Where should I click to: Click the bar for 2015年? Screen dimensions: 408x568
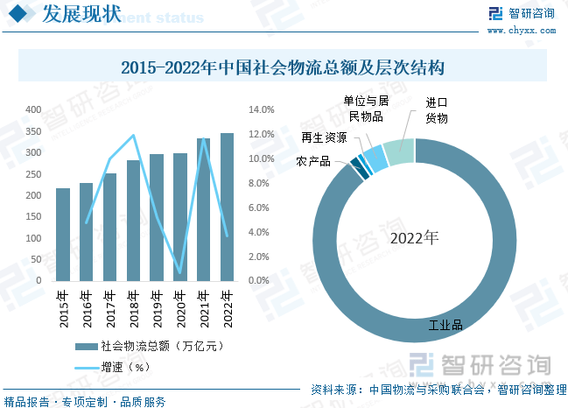[x=63, y=234]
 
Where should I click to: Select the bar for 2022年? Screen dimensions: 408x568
[x=228, y=207]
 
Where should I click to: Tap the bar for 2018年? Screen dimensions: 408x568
[x=133, y=220]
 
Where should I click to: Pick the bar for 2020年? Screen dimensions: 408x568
[x=180, y=216]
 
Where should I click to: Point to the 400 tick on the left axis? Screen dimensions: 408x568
[x=33, y=110]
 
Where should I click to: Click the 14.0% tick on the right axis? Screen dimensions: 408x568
[x=263, y=110]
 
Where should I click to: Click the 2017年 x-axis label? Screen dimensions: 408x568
[x=109, y=308]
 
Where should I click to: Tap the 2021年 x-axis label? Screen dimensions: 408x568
[x=204, y=308]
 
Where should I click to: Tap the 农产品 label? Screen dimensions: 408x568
[x=312, y=162]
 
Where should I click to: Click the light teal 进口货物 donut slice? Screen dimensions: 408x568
[x=399, y=151]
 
